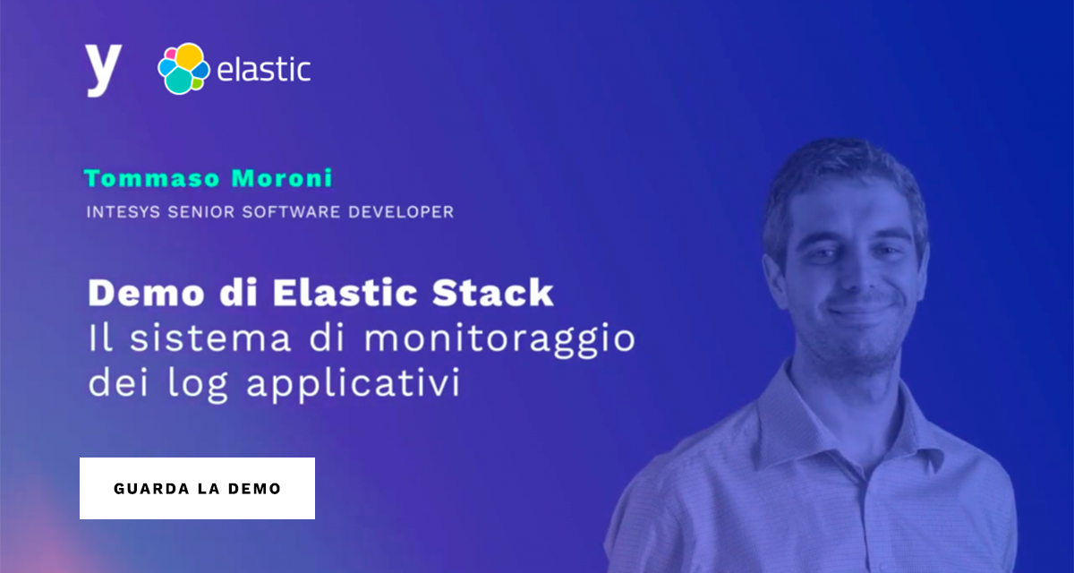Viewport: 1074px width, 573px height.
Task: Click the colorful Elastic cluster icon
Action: point(183,69)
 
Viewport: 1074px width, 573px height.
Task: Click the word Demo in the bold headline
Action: point(139,294)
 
